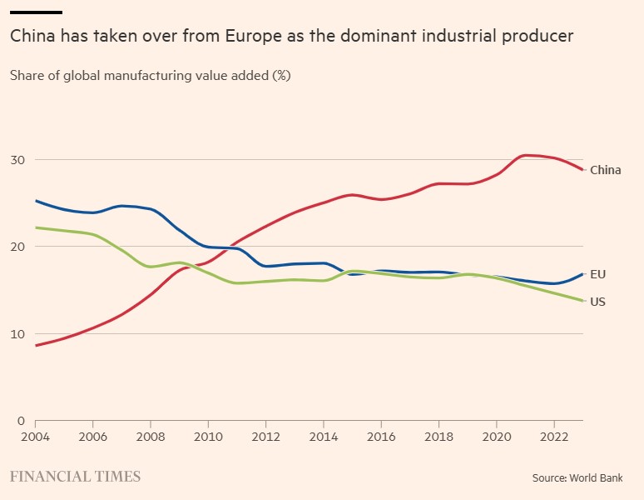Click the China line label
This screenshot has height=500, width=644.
(605, 170)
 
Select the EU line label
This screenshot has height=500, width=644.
(597, 274)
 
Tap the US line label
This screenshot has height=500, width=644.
(597, 302)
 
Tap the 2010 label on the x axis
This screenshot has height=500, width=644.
(208, 436)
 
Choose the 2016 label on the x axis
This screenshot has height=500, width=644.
(380, 436)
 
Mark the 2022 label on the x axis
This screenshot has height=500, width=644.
(553, 436)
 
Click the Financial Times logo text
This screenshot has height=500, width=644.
(75, 477)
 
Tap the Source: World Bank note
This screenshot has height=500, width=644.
(577, 478)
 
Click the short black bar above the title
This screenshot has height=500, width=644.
(36, 12)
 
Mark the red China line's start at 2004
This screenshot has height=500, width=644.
(36, 345)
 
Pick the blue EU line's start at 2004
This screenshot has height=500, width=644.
(36, 201)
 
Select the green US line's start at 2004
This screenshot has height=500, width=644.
(36, 227)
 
